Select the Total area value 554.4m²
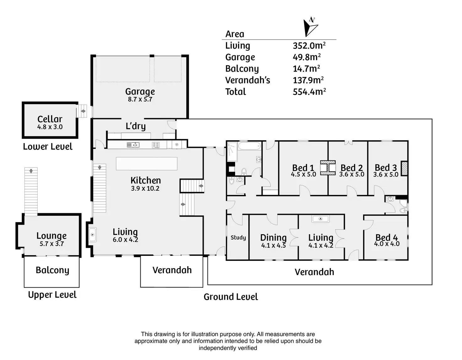[309, 92]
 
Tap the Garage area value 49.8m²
[307, 57]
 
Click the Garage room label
[140, 92]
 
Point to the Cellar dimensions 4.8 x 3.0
[50, 127]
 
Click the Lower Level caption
[48, 146]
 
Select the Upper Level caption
[52, 295]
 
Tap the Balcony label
[52, 270]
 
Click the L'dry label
[136, 126]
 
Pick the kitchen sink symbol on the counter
[133, 145]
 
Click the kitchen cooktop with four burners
[156, 145]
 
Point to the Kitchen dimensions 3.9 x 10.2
[145, 188]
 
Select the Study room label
[238, 237]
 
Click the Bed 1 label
[303, 168]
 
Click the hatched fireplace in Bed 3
[404, 168]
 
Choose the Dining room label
[273, 238]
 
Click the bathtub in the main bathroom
[250, 146]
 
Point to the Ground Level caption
[231, 297]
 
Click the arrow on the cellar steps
[83, 111]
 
